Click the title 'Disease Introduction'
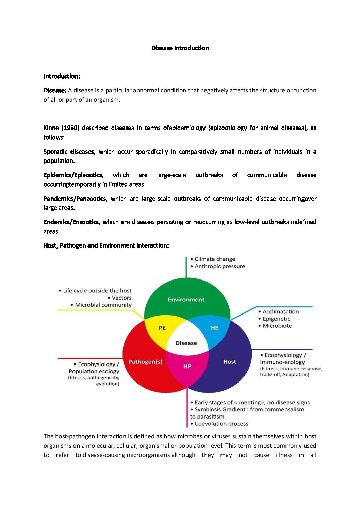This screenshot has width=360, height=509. pos(180,48)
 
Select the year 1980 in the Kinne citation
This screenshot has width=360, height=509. pos(70,128)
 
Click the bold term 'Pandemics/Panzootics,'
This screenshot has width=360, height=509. pos(75,199)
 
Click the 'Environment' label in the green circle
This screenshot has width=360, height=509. pos(186,300)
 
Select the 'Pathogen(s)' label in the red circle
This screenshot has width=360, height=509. pos(145,362)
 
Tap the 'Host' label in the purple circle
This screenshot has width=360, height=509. pos(230,362)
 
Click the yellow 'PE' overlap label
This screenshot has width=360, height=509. pos(162,328)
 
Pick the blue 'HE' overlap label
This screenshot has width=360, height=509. pos(214,328)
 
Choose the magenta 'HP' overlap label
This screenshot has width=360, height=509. pos(187,367)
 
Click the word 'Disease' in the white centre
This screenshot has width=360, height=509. pos(186,343)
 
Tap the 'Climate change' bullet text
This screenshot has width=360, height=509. pos(215,259)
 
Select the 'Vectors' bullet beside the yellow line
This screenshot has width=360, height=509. pos(121,298)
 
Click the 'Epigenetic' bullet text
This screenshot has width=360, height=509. pos(276,319)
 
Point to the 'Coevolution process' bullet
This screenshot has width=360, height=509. pos(221,424)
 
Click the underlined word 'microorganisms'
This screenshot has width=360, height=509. pos(148,455)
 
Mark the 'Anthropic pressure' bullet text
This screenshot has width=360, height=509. pos(219,266)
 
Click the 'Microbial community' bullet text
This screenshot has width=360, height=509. pos(103,305)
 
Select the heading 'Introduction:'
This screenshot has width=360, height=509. pos(62,76)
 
